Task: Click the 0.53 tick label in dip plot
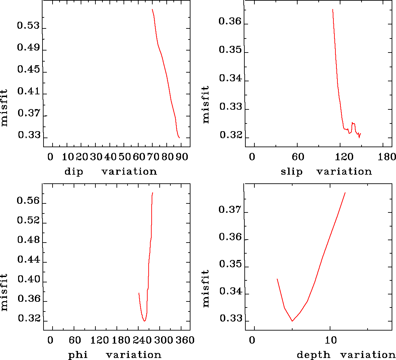point(28,26)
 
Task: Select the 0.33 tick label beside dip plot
point(29,135)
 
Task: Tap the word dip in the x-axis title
point(74,172)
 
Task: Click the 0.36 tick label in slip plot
point(230,21)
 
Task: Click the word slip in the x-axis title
point(292,172)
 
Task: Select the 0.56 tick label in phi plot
point(28,201)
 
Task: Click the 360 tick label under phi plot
point(185,340)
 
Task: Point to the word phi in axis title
point(78,355)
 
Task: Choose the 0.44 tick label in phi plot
point(28,260)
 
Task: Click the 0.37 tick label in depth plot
point(230,210)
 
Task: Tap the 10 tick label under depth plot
point(331,340)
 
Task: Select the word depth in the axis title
point(314,355)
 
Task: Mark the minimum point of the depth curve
point(292,321)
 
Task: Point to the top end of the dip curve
point(152,9)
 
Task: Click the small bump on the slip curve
point(353,123)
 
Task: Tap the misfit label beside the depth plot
point(206,288)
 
